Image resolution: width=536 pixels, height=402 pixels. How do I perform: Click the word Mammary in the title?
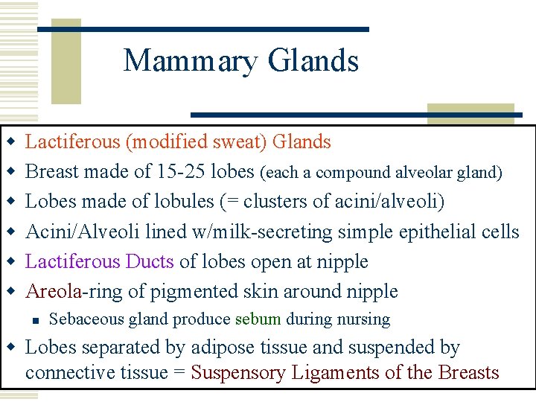(x=191, y=61)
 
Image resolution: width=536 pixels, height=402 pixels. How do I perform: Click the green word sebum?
(x=258, y=319)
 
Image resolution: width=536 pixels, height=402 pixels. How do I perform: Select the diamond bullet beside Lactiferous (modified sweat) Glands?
(x=10, y=141)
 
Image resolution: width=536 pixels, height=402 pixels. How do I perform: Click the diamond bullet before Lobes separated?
(x=10, y=348)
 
